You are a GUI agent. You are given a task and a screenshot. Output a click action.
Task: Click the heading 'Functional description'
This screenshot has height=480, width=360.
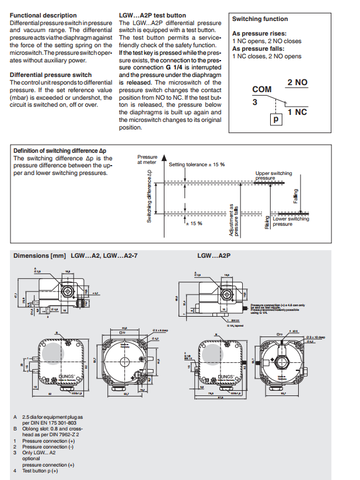point(43,15)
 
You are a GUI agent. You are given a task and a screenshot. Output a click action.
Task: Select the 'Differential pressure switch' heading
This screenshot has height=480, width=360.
point(51,75)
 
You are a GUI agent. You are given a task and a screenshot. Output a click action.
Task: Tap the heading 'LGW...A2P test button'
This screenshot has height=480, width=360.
point(152,15)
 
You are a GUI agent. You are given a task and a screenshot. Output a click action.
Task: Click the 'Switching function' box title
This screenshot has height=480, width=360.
point(260,19)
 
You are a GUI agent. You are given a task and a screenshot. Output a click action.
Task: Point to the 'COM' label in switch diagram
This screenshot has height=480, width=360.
point(262,89)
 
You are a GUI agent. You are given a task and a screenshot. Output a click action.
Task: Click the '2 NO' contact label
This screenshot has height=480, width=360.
point(297,83)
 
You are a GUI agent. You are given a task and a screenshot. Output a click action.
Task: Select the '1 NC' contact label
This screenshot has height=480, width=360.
point(297,111)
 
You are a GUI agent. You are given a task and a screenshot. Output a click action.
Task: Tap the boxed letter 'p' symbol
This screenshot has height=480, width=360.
point(274,119)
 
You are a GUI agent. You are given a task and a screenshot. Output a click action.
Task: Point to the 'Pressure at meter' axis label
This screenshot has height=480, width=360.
point(147,160)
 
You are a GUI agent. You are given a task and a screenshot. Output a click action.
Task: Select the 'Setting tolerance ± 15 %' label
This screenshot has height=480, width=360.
point(197,164)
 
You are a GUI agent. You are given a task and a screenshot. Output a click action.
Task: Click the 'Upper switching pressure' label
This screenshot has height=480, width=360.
point(274,176)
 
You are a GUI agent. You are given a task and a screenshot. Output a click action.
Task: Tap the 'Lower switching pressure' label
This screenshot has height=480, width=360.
point(291,221)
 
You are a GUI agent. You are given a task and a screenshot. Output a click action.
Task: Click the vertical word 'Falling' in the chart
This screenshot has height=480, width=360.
point(296,196)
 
